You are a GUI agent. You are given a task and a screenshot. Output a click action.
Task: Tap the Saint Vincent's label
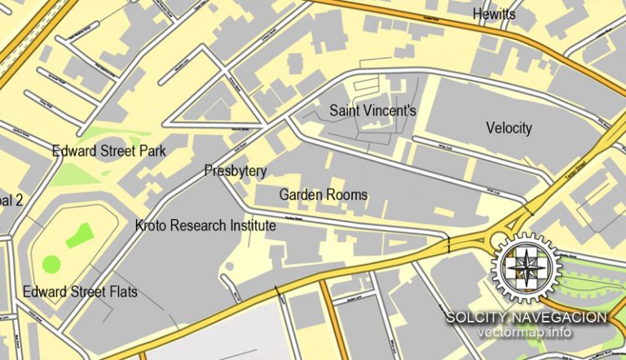(373, 109)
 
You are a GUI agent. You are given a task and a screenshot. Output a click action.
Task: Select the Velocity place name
(509, 128)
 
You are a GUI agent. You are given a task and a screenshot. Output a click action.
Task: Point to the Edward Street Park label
(108, 151)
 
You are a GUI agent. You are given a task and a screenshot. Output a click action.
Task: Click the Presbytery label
(235, 170)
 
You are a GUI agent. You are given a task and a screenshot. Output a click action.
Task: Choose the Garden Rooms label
(323, 195)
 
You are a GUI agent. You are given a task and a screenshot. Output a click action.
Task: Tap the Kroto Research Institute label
(205, 226)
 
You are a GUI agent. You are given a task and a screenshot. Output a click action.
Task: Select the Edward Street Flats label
(80, 292)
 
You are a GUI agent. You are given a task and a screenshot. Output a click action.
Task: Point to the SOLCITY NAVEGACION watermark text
(526, 317)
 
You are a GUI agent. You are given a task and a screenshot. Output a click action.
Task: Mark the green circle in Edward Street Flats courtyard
(51, 264)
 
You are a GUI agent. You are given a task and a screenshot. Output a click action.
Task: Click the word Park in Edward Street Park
(152, 151)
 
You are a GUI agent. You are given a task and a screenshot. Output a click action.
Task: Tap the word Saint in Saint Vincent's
(345, 109)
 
